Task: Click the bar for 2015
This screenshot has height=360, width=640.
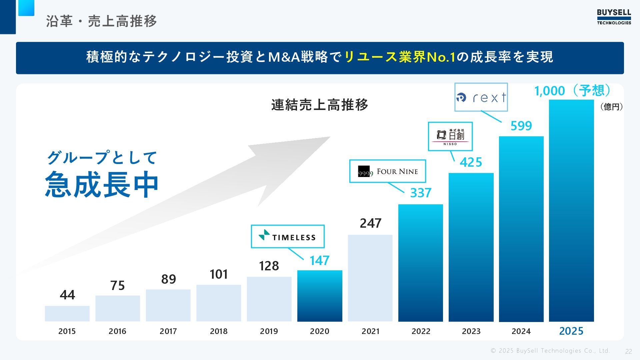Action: (x=67, y=313)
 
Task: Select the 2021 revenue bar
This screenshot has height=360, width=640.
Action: (x=370, y=278)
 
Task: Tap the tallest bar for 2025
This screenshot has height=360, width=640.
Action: (x=571, y=211)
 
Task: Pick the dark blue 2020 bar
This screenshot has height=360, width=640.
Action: (x=320, y=296)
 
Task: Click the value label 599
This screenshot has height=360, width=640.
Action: (x=521, y=126)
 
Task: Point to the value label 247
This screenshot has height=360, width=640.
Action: (x=370, y=223)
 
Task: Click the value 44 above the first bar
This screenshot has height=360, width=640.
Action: (x=67, y=295)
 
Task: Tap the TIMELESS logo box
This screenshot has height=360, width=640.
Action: (x=287, y=236)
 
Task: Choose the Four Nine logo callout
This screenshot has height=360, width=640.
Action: (x=387, y=171)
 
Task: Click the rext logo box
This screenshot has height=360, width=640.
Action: (x=481, y=97)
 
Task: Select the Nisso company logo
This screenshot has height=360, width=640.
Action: (x=450, y=136)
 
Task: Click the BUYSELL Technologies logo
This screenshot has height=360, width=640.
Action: (x=614, y=17)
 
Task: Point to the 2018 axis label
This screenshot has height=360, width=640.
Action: (x=219, y=331)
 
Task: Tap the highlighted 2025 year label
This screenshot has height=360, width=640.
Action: (x=571, y=331)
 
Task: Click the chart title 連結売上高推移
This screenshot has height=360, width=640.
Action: (x=320, y=105)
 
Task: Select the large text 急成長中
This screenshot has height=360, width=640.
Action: (x=102, y=184)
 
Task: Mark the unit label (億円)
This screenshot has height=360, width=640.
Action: (x=611, y=107)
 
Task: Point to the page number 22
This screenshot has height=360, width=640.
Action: (x=628, y=351)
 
